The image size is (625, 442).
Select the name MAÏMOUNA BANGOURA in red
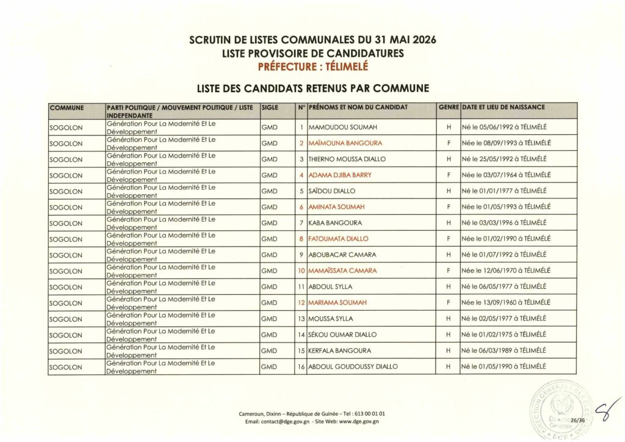pos(345,143)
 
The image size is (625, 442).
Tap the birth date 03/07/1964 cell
pos(507,175)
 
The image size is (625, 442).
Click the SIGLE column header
pos(270,107)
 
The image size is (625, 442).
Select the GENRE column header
pos(449,107)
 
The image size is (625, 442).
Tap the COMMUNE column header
pos(67,107)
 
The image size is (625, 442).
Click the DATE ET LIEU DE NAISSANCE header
pos(504,107)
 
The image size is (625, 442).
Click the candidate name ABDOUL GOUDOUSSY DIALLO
pos(353,366)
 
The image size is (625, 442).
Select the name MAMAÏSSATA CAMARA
pos(342,270)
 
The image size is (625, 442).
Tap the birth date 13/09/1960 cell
pos(507,303)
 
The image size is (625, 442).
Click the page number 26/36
pos(577,421)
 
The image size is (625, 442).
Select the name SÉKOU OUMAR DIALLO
pos(342,335)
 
